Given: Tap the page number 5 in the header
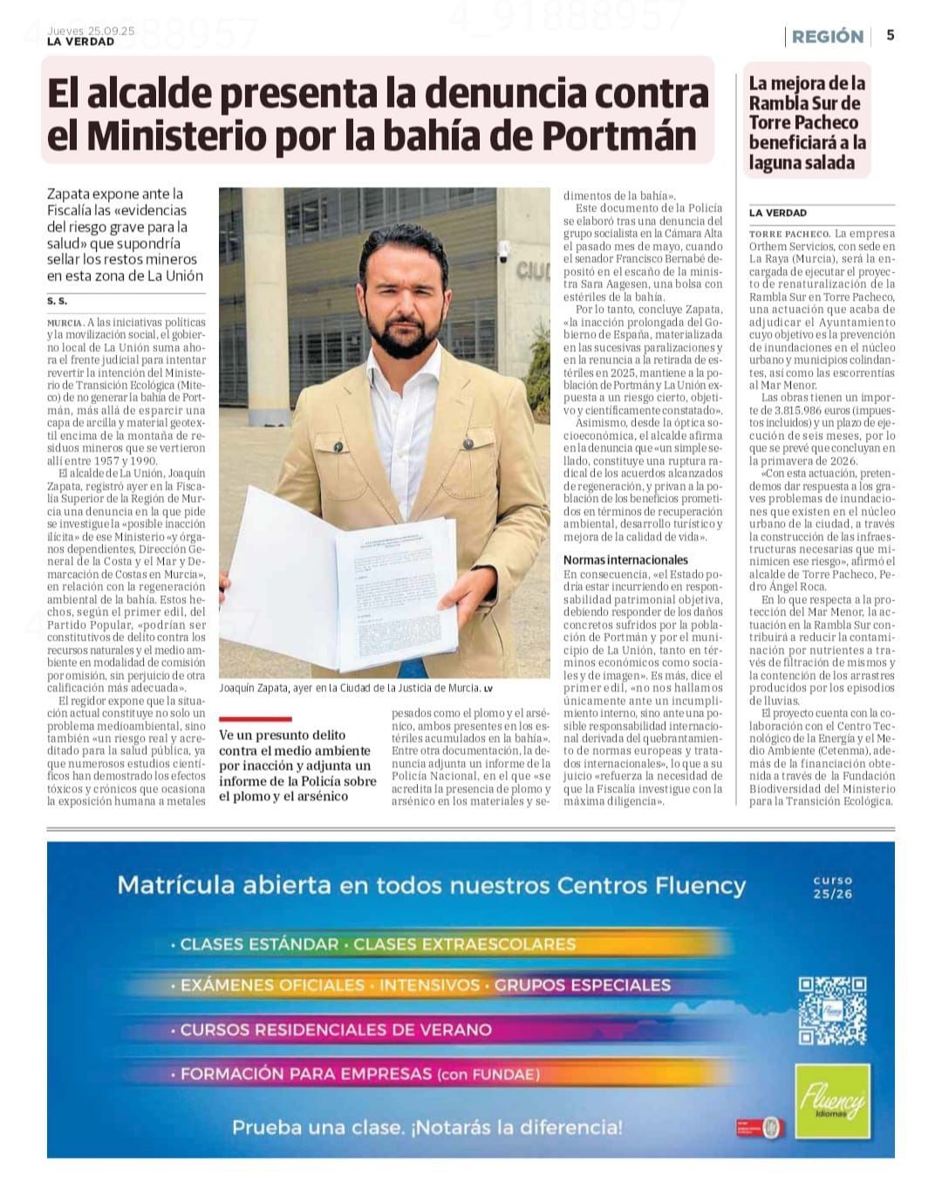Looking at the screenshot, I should (891, 35).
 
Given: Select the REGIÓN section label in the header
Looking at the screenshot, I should (827, 37).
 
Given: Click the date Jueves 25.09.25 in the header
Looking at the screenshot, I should (91, 31).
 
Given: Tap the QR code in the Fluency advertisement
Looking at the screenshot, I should (832, 1010).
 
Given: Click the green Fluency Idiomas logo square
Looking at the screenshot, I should (833, 1101).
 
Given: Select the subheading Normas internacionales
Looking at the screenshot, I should (625, 559).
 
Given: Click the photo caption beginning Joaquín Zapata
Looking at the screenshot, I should (349, 688).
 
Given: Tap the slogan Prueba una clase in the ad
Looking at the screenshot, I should (427, 1127).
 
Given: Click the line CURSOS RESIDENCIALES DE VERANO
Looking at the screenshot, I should (336, 1029).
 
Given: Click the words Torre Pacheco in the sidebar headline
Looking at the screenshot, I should (803, 122).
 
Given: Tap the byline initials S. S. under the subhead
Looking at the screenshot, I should (57, 301).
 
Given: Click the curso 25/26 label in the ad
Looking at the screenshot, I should (832, 887).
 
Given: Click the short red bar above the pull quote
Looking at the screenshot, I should (255, 720).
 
